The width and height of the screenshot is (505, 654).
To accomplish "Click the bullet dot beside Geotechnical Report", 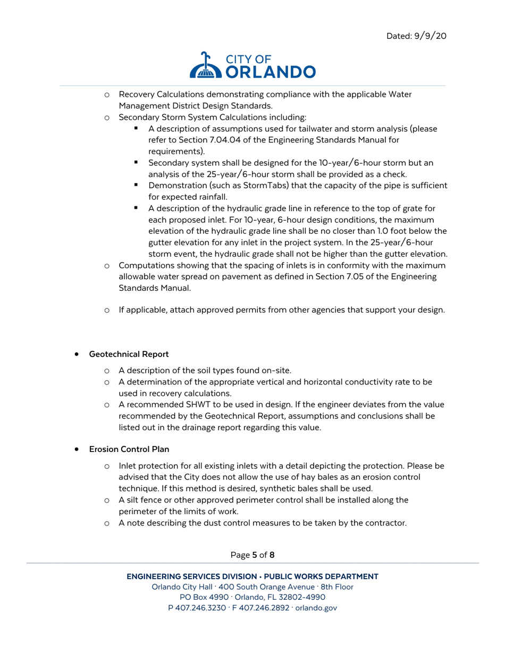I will pyautogui.click(x=78, y=354).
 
